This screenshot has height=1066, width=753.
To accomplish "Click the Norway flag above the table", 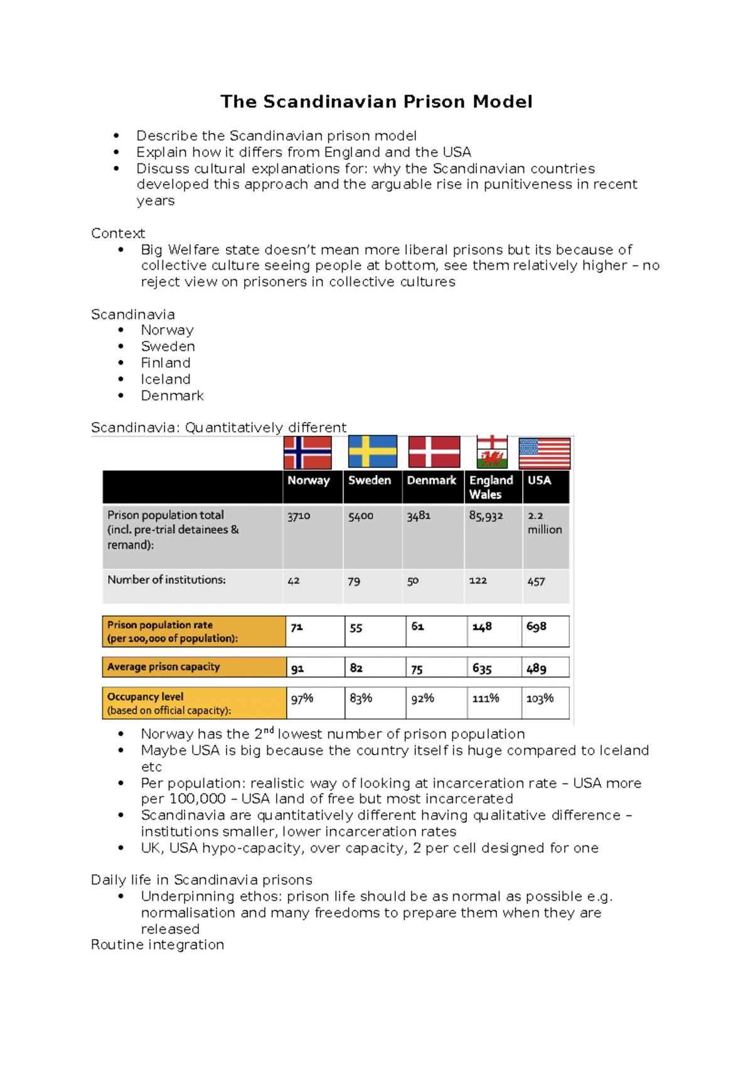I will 307,453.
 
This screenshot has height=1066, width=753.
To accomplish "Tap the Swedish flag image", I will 373,451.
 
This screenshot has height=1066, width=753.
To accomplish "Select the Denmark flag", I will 434,452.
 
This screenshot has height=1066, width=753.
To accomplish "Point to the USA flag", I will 545,453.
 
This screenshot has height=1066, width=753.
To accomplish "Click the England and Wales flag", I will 492,452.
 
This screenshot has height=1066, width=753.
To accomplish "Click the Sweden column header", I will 370,480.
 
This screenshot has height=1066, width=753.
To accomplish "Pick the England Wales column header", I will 491,487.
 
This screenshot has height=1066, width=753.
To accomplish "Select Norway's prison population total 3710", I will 299,516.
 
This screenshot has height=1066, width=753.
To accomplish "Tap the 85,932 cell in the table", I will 486,516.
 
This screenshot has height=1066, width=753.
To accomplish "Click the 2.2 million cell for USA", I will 544,522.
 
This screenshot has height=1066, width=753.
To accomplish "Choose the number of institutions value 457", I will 536,581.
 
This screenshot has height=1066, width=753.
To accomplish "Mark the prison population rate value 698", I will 537,627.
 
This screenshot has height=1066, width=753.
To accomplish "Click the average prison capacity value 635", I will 482,669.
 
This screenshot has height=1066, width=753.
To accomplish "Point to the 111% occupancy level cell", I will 486,698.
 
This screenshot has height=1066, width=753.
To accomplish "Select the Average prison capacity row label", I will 164,667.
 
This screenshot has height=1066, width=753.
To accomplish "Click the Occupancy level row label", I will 146,697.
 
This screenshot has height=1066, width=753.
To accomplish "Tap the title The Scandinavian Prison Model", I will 376,102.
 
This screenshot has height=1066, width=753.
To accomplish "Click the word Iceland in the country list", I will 166,379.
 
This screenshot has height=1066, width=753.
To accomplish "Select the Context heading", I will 118,234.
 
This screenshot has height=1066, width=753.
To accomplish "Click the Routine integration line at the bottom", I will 158,945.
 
